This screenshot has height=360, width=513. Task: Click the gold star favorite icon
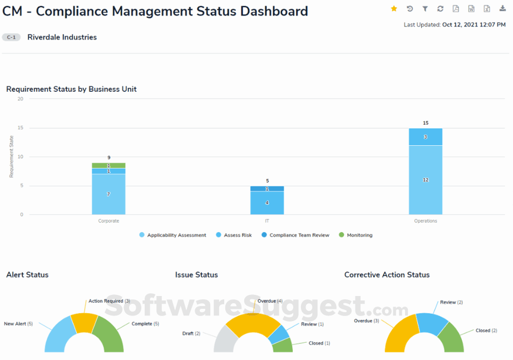394,8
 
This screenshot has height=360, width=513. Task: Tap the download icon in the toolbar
502,8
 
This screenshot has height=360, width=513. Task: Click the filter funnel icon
425,8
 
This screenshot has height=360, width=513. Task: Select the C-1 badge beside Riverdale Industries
11,37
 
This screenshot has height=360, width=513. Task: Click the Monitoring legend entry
356,235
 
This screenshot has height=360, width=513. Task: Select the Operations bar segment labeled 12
426,180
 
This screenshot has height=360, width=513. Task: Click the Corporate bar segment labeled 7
108,194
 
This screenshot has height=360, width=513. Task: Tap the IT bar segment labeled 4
267,203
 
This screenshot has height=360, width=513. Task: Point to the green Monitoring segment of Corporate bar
108,165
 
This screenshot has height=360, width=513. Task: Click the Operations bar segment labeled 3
426,137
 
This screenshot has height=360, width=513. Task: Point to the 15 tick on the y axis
20,128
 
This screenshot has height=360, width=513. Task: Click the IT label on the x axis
267,221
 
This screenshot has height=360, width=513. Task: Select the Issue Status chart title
196,275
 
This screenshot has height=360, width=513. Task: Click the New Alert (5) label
18,323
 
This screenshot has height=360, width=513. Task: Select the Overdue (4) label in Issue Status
270,301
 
